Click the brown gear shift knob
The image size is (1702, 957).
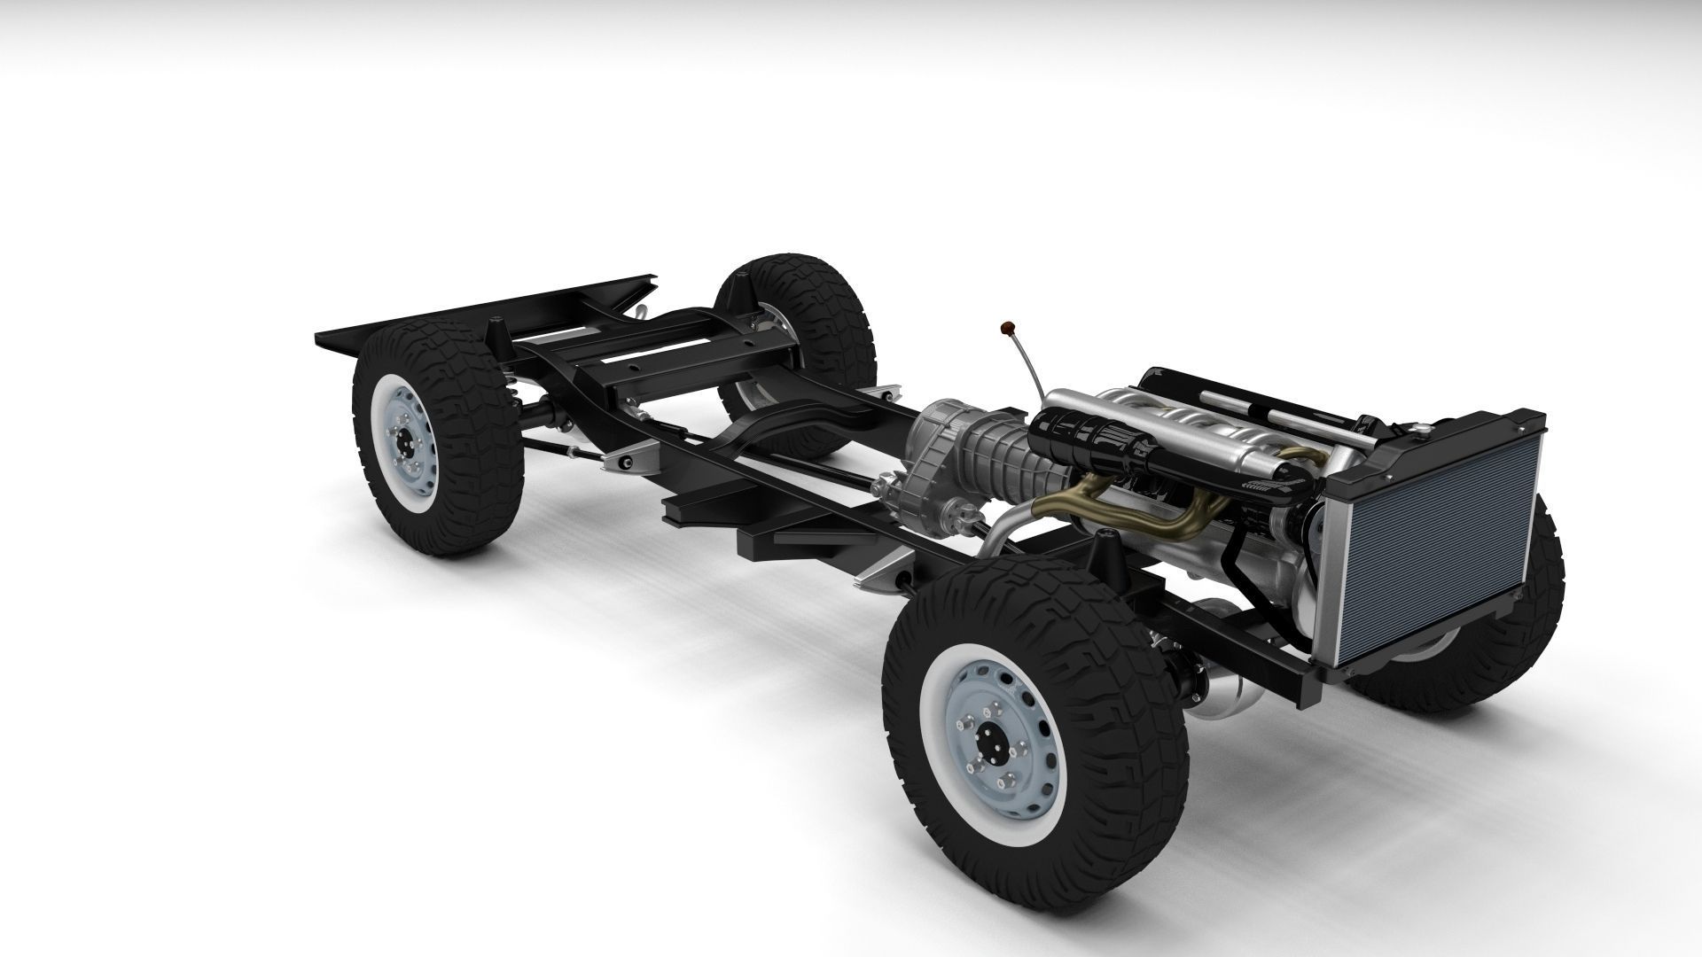(1007, 330)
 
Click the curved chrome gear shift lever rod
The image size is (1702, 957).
(1027, 372)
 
